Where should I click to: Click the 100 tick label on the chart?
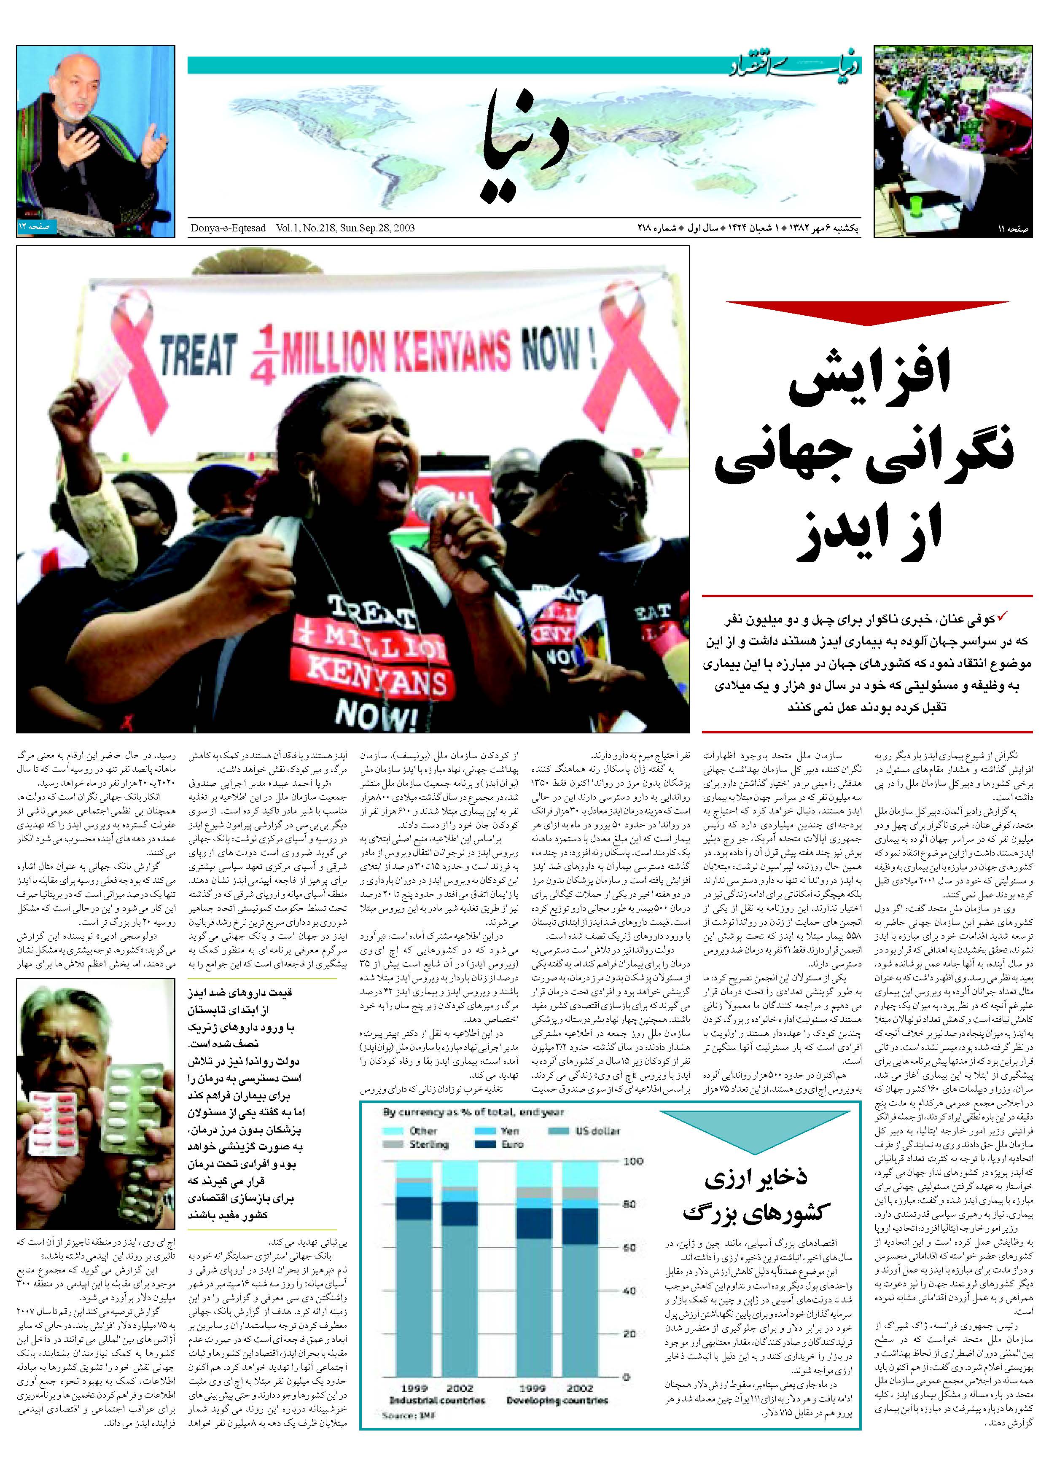coord(633,1161)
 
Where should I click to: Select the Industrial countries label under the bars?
coord(437,1400)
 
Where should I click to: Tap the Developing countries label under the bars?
coord(557,1400)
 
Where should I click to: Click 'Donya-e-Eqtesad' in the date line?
coord(228,228)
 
